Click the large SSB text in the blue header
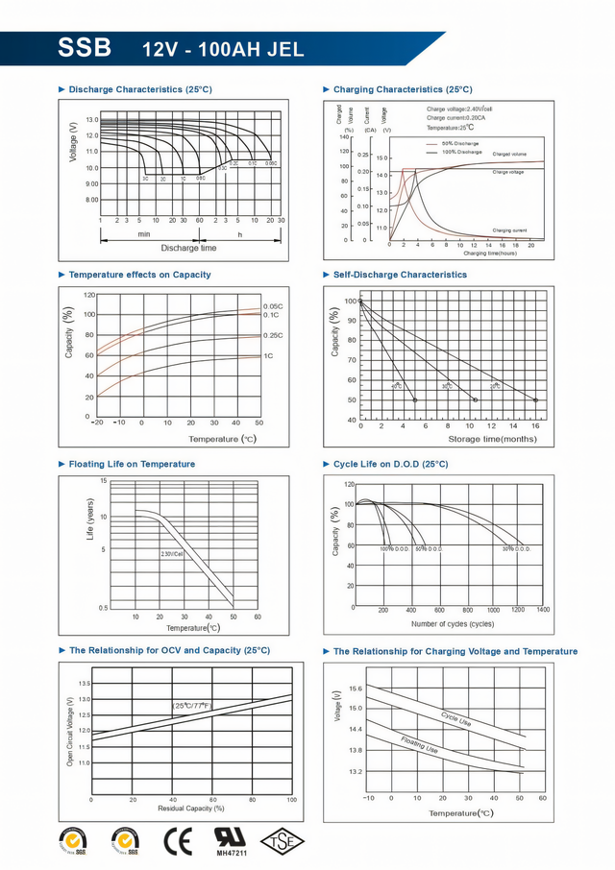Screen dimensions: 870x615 85,47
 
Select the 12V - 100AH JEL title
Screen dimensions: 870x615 223,49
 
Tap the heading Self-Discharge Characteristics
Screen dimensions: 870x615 400,275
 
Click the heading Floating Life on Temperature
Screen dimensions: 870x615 132,464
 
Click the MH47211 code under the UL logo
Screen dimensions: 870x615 230,852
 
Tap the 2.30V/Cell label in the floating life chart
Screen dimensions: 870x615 172,554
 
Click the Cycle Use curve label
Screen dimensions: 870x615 455,717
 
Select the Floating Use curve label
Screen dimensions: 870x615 419,743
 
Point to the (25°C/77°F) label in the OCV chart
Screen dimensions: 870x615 192,706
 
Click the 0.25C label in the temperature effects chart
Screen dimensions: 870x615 272,335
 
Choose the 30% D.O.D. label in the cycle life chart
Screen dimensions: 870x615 516,548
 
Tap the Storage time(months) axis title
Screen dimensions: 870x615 493,439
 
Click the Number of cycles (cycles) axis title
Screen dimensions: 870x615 453,624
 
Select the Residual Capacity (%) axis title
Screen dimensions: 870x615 191,809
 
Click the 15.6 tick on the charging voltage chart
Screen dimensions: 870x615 356,689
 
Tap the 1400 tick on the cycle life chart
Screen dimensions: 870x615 543,610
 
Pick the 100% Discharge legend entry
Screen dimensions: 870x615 461,152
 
